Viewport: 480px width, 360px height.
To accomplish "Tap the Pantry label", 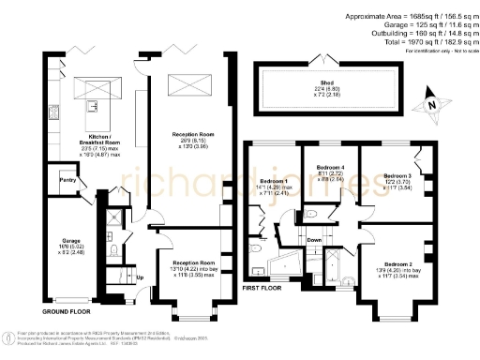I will pos(67,179).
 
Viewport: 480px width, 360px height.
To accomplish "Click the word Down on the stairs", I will pos(316,240).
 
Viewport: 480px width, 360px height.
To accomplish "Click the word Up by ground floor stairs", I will pos(141,277).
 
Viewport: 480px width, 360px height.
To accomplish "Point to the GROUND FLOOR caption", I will pos(67,308).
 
